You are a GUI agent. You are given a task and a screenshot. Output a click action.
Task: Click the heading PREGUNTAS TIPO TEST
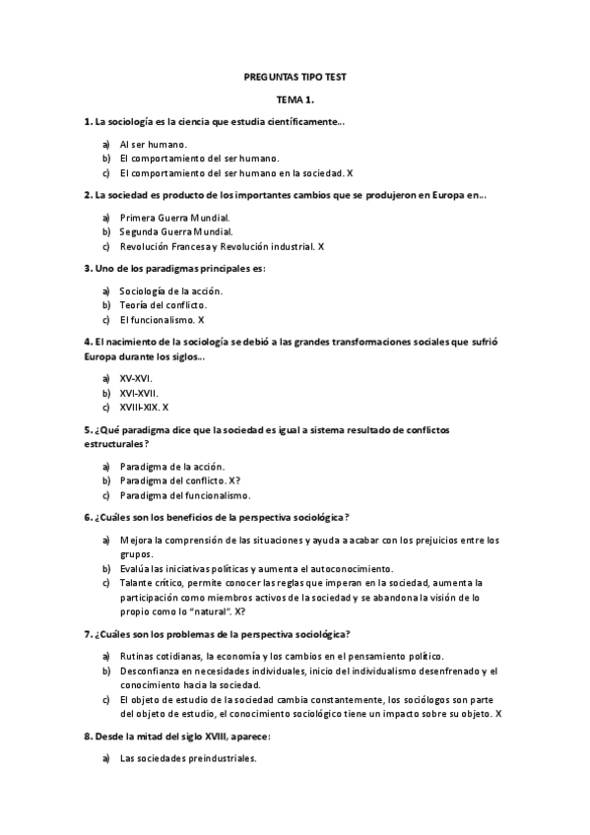tap(295, 76)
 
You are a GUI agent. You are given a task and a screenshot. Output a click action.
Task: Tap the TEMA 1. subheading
tap(295, 99)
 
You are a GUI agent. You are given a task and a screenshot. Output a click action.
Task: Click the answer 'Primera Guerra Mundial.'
tap(174, 217)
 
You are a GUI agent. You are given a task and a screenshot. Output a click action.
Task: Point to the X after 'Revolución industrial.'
tap(322, 246)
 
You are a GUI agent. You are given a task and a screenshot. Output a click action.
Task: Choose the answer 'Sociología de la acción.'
tap(170, 290)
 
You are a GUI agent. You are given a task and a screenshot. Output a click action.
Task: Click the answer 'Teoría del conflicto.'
tap(163, 305)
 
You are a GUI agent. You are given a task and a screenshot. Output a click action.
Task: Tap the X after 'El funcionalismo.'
tap(201, 320)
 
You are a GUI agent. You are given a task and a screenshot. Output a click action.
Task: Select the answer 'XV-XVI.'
tap(136, 378)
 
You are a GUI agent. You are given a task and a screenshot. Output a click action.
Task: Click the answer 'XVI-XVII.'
tap(138, 392)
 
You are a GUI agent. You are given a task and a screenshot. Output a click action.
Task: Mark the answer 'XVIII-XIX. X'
tap(144, 407)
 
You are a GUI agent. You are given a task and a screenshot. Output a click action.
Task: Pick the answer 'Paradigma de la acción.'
tap(171, 466)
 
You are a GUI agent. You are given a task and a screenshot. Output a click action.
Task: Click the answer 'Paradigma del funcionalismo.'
tap(184, 495)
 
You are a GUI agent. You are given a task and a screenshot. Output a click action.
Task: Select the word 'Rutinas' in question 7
tap(137, 657)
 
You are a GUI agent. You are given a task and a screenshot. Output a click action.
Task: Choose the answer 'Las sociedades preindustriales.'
tap(187, 758)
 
